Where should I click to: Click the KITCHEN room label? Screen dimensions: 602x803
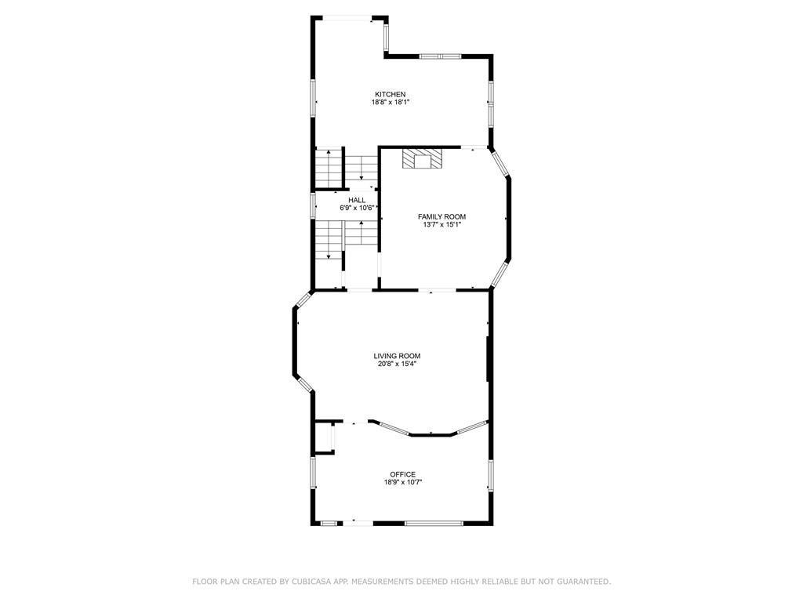390,95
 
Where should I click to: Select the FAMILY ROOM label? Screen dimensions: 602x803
441,216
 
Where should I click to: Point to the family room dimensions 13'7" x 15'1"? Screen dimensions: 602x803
441,225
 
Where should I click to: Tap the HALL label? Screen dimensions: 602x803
357,201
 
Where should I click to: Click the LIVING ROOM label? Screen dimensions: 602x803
397,356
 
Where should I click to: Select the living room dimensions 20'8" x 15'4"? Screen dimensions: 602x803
397,364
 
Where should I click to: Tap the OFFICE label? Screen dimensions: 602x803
403,474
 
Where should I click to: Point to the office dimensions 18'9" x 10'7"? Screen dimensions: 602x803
403,483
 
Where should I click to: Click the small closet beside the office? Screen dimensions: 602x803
323,437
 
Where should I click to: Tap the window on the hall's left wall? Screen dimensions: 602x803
314,205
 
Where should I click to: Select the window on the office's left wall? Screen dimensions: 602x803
313,473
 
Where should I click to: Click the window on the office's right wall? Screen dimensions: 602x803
492,476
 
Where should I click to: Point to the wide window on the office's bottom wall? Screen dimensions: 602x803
434,522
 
